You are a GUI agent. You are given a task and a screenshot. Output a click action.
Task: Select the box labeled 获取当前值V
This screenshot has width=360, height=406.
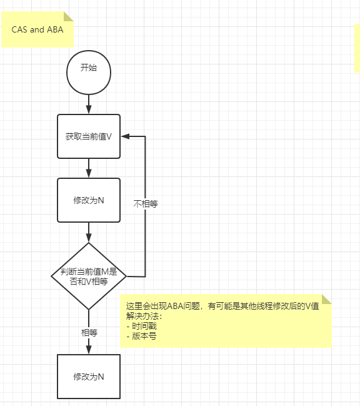pyautogui.click(x=89, y=136)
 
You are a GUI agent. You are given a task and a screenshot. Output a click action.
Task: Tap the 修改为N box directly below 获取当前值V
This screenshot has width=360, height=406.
pyautogui.click(x=89, y=200)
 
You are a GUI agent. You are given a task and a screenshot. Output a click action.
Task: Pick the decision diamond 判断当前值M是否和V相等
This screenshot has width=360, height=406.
pyautogui.click(x=89, y=276)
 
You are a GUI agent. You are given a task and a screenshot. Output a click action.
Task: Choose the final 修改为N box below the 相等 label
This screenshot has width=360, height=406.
pyautogui.click(x=89, y=377)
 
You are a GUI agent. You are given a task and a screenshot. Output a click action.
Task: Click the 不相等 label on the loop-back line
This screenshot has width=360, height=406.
pyautogui.click(x=145, y=204)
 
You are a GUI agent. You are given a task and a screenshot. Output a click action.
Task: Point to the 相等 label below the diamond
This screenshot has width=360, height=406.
pyautogui.click(x=89, y=332)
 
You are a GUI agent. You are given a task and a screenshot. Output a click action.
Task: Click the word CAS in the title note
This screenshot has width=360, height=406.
pyautogui.click(x=19, y=29)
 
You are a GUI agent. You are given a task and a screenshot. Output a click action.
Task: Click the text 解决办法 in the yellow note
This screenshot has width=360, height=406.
pyautogui.click(x=142, y=316)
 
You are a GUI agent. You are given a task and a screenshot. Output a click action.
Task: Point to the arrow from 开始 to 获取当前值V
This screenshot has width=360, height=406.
pyautogui.click(x=89, y=104)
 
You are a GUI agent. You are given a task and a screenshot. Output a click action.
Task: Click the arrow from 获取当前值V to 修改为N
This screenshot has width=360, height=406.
pyautogui.click(x=89, y=168)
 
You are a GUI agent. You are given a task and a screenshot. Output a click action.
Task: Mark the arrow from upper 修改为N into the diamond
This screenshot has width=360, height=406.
pyautogui.click(x=89, y=232)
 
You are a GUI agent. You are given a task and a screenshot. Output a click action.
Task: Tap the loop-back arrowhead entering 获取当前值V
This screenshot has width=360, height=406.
pyautogui.click(x=124, y=136)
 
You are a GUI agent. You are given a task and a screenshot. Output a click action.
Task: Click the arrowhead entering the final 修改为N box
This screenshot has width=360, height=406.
pyautogui.click(x=89, y=350)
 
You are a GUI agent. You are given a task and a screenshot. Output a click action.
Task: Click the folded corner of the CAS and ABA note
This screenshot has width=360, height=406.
pyautogui.click(x=68, y=16)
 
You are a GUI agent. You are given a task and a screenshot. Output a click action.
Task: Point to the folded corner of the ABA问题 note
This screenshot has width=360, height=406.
pyautogui.click(x=326, y=299)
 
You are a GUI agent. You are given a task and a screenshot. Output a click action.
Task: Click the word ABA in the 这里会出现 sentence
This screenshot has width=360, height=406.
pyautogui.click(x=177, y=306)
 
